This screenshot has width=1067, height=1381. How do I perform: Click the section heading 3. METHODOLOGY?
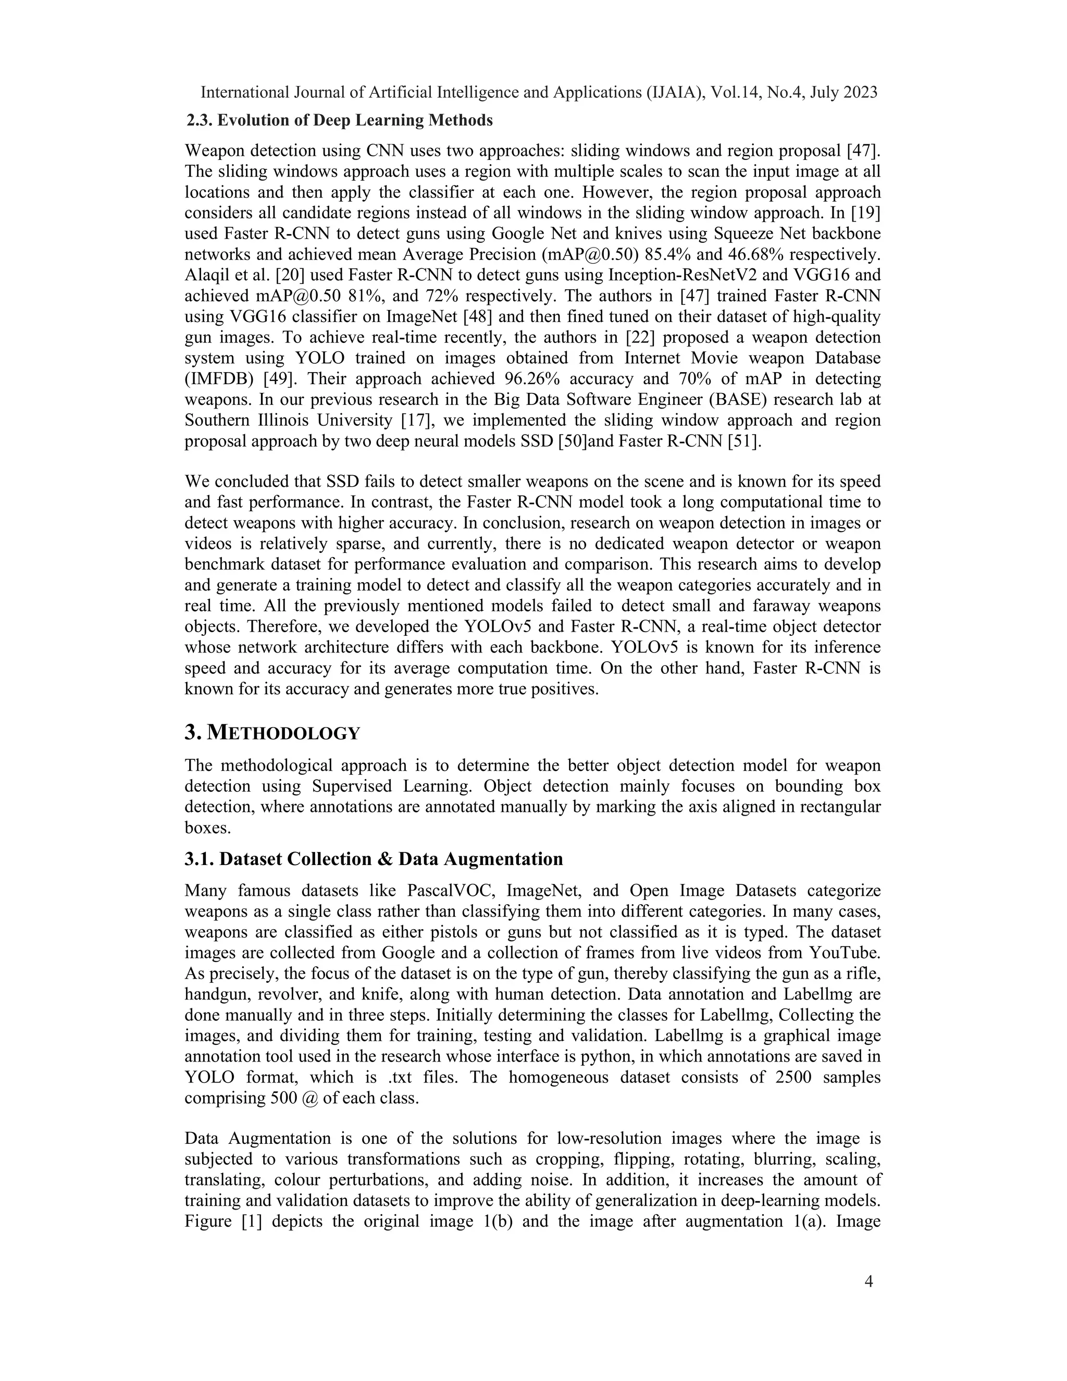coord(272,734)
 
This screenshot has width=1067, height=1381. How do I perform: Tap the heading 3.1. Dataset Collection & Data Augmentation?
coord(374,859)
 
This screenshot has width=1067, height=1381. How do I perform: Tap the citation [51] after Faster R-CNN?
coord(743,441)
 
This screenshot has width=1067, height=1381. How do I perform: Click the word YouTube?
coord(845,954)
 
